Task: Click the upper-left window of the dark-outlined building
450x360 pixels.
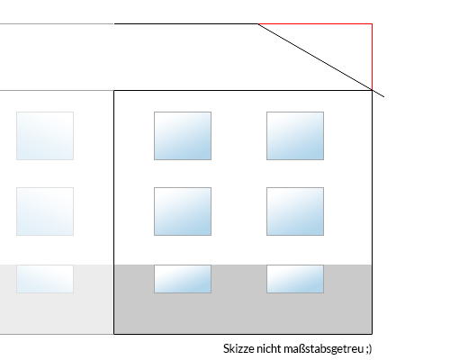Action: pos(183,136)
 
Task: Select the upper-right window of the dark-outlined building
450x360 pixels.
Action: pos(295,136)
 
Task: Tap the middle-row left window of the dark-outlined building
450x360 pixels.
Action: pos(183,211)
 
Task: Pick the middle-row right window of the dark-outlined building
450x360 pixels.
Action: pos(295,211)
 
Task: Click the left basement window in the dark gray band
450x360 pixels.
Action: pos(183,279)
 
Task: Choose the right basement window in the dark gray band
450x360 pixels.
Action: pos(295,279)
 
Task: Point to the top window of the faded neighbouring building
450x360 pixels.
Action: pos(45,136)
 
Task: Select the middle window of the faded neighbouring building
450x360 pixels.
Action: pos(45,211)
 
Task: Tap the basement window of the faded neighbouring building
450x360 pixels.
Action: pos(45,279)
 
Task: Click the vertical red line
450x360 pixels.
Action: pos(372,57)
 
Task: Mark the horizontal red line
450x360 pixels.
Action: pos(315,23)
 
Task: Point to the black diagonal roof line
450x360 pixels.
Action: pos(321,60)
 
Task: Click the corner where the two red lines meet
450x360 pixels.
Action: pos(372,23)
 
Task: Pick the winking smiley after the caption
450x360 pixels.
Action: pos(369,349)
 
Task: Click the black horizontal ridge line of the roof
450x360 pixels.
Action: pos(186,23)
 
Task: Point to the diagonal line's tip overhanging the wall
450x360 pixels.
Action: pos(384,97)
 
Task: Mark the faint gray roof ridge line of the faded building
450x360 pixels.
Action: pos(57,23)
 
